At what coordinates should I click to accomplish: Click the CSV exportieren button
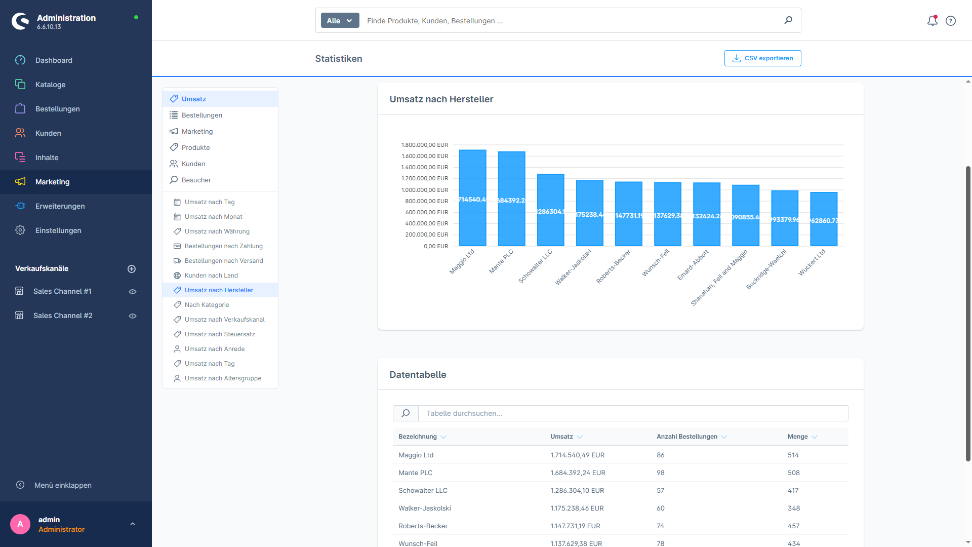point(762,58)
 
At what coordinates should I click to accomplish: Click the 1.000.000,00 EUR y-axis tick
point(425,190)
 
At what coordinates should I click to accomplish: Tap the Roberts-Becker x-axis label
point(614,266)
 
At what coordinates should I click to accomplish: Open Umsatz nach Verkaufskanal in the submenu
point(224,320)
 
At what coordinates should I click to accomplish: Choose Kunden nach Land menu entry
point(211,276)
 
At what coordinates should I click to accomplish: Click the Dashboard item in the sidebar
point(54,60)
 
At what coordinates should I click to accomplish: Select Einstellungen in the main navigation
point(58,230)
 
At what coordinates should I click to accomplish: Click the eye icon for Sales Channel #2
point(133,316)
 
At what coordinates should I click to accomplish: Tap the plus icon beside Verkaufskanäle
point(132,269)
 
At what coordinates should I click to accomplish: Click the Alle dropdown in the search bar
point(340,21)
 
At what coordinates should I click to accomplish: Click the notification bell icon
point(932,21)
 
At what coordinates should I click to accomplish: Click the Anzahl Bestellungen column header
point(686,437)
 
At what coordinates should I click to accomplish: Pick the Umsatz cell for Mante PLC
point(578,473)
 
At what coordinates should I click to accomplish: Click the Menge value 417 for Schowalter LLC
point(793,490)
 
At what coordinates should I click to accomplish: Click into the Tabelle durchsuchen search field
point(633,413)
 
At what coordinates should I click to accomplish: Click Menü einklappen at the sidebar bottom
point(63,485)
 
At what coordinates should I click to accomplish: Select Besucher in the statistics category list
point(196,180)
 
